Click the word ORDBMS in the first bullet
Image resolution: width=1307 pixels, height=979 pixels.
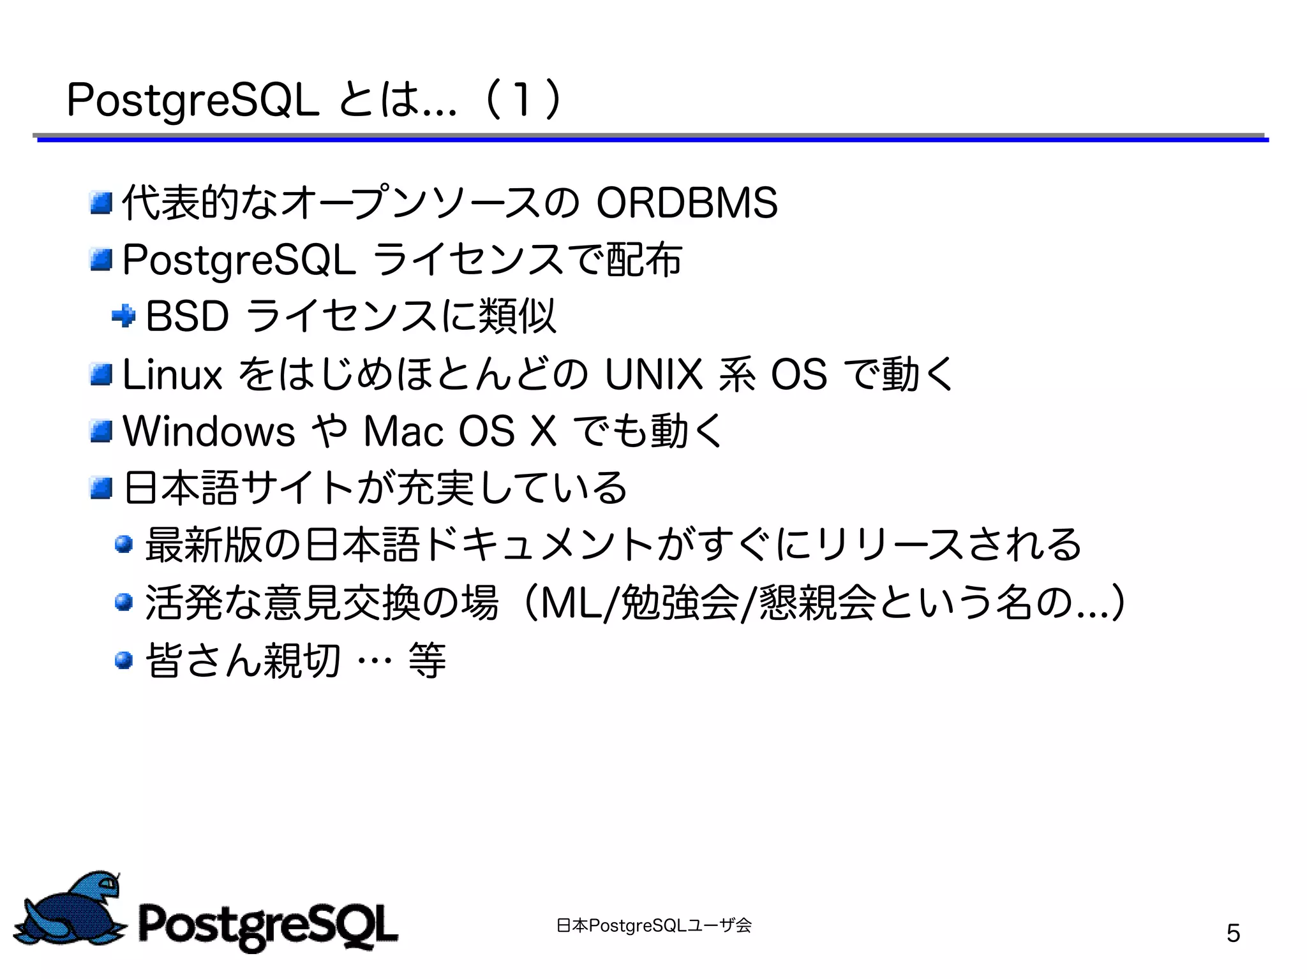pos(687,203)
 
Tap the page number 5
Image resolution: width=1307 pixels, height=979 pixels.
pos(1233,933)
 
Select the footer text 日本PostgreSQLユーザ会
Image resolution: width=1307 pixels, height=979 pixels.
pos(653,925)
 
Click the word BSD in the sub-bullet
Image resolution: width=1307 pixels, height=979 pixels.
pos(187,316)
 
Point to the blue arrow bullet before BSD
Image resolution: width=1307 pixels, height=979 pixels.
pos(123,315)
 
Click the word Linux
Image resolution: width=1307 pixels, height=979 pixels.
pos(172,374)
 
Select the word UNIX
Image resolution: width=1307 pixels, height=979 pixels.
pos(652,374)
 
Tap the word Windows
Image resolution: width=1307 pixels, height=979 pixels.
pos(209,431)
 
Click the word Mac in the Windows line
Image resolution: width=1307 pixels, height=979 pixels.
pos(403,431)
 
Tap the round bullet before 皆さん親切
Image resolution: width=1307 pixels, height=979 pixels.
pos(124,659)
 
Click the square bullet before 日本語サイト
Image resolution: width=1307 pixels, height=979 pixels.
pos(101,489)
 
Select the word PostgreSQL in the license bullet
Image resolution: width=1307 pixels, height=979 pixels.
pos(239,260)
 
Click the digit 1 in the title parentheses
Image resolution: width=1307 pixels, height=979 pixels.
pos(522,101)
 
